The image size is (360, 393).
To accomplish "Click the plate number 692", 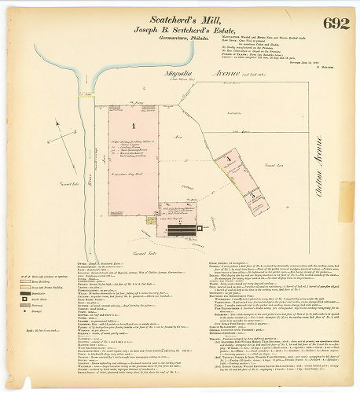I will (x=335, y=23).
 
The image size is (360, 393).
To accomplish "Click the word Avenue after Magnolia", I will (x=204, y=76).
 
